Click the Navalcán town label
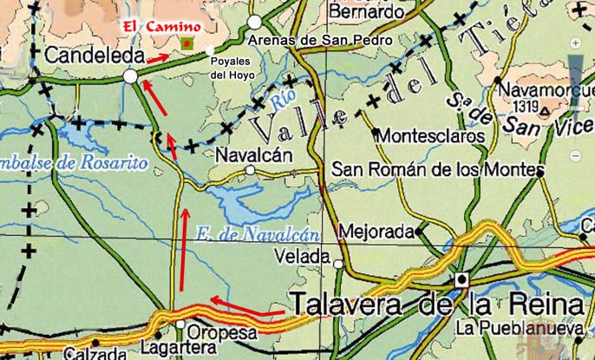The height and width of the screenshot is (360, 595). (x=253, y=155)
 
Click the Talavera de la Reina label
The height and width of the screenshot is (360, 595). (x=436, y=306)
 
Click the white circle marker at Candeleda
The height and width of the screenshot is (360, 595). (x=130, y=77)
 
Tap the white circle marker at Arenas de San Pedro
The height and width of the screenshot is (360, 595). (x=254, y=22)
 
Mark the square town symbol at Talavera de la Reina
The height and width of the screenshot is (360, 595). (x=462, y=279)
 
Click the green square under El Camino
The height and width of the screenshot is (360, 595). (x=186, y=43)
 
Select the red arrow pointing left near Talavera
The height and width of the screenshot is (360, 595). (x=248, y=306)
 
